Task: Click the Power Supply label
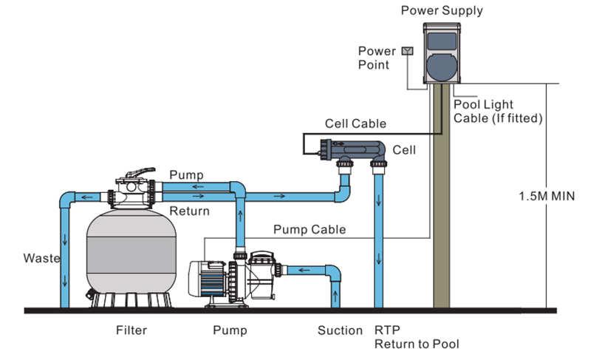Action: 442,10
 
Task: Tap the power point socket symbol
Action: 408,51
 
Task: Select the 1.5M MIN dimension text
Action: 547,196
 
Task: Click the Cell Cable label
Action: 355,123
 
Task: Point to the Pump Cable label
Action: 310,229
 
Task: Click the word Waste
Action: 41,258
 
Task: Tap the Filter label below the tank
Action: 131,330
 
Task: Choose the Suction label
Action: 340,330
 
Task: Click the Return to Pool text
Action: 417,344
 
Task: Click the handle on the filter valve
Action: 140,172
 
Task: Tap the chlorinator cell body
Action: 353,150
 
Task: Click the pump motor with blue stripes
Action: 208,278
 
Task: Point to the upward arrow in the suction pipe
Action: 335,296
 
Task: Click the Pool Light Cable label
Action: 498,111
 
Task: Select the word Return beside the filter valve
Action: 189,211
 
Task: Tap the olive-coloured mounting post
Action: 441,195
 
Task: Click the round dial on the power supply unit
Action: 442,67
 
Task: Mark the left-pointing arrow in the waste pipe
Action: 87,197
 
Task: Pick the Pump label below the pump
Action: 230,330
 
